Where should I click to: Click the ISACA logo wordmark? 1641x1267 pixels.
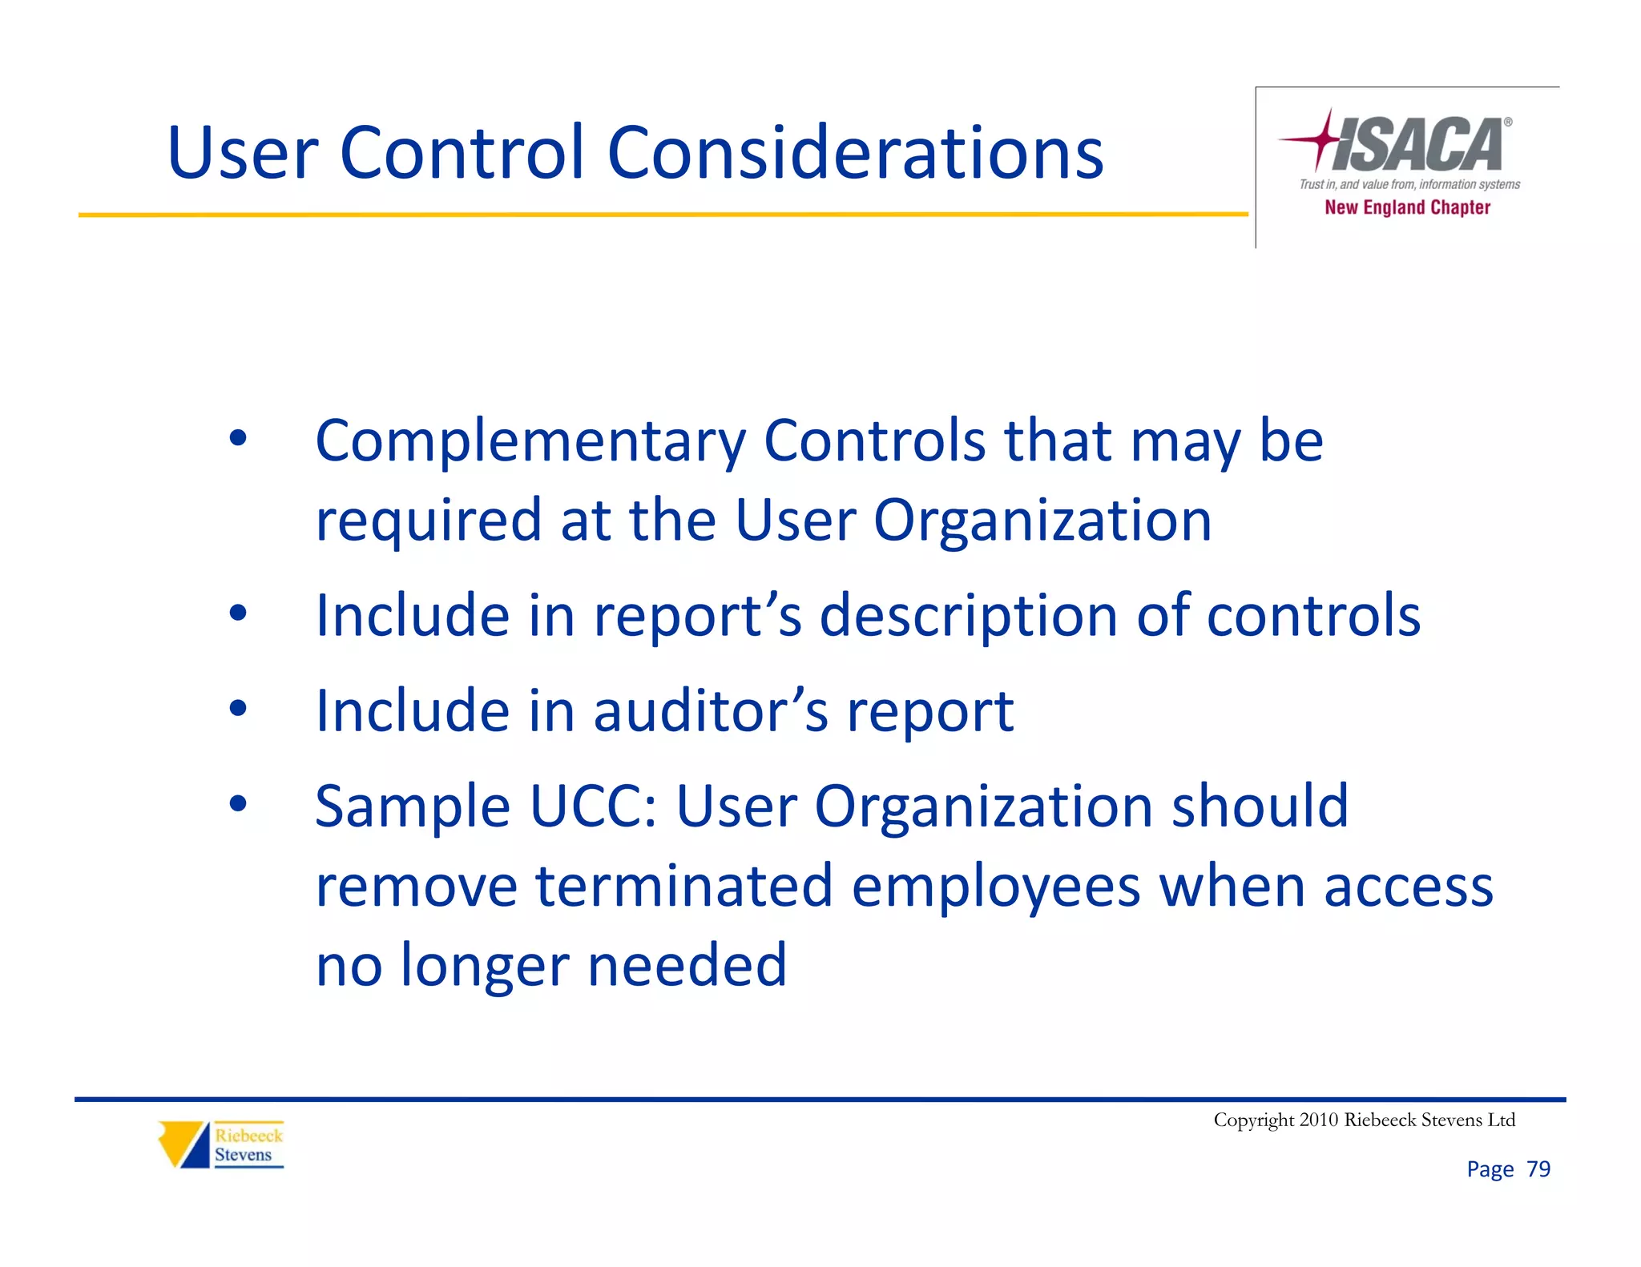(x=1419, y=145)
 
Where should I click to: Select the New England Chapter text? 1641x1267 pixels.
(x=1407, y=207)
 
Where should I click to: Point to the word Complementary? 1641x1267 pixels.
(x=530, y=441)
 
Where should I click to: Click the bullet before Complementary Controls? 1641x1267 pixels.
(x=238, y=439)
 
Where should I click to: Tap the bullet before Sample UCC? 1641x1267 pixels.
(x=238, y=803)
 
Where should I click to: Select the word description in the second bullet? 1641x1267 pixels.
(x=968, y=616)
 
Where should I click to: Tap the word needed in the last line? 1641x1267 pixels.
(x=687, y=964)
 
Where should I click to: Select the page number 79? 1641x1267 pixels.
(x=1538, y=1169)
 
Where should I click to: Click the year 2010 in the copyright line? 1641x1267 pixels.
(x=1318, y=1120)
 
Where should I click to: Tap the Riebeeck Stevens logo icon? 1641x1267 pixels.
(x=183, y=1144)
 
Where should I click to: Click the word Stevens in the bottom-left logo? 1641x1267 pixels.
(x=243, y=1155)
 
